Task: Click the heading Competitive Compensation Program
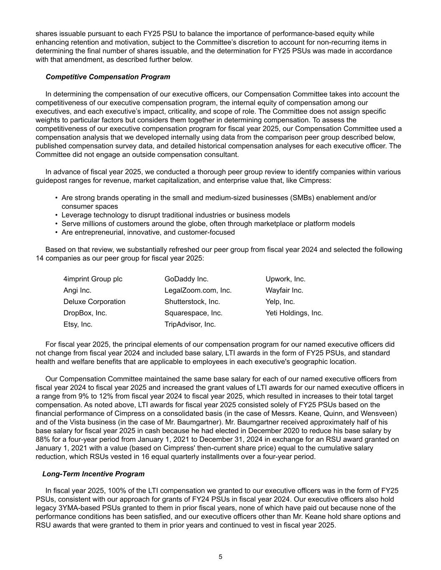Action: [108, 77]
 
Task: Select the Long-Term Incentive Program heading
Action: [93, 474]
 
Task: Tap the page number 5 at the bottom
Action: [220, 557]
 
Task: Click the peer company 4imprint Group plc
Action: [93, 279]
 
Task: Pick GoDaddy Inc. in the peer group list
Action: [186, 279]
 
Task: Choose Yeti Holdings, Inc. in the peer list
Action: [294, 313]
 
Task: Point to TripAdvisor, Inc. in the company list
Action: [190, 324]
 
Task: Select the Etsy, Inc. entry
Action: [78, 324]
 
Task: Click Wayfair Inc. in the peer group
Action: [284, 290]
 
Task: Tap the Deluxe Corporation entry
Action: [94, 301]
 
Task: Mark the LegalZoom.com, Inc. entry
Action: [198, 290]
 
